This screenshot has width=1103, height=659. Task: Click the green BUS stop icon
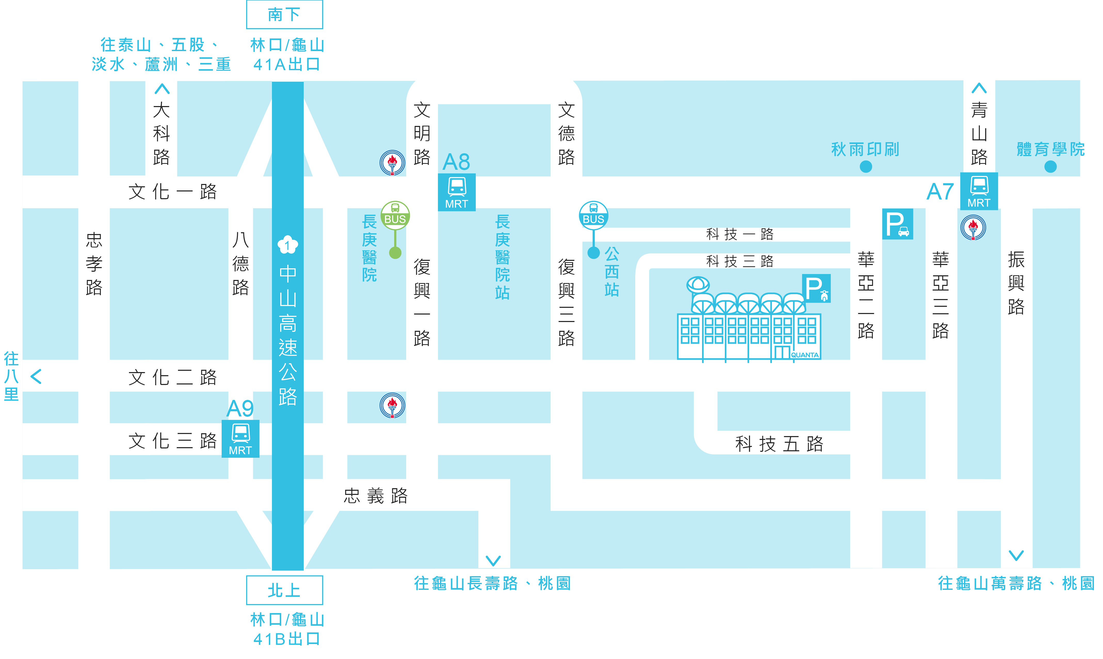[x=395, y=216]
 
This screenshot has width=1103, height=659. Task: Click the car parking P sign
[x=897, y=224]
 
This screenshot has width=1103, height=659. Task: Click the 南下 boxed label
[x=285, y=15]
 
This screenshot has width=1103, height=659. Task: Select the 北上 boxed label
[x=285, y=590]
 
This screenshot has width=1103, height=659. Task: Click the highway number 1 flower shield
[x=288, y=245]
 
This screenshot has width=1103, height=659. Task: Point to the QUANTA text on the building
[x=804, y=355]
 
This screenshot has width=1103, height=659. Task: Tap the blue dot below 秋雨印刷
[x=866, y=166]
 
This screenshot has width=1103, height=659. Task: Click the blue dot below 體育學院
[x=1051, y=166]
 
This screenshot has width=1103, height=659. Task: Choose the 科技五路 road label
[x=779, y=444]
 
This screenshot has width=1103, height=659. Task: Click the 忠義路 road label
[x=376, y=496]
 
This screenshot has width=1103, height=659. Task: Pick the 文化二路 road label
[x=173, y=377]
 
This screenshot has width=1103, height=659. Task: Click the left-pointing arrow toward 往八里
[x=36, y=376]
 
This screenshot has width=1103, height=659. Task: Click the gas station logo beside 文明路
[x=392, y=163]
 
